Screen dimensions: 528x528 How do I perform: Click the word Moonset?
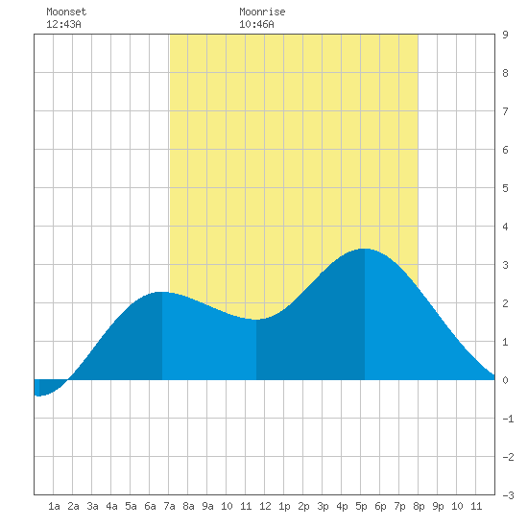(x=66, y=12)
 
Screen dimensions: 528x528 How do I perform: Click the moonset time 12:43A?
(x=63, y=24)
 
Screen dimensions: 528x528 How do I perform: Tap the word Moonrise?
(x=262, y=12)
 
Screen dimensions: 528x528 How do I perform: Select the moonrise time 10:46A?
(x=256, y=24)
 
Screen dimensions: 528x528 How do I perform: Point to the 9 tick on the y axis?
(x=505, y=35)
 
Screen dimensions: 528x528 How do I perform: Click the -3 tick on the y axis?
(x=508, y=495)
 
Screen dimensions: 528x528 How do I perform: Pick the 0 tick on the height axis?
(x=505, y=380)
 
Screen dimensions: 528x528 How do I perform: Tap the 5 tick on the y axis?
(x=505, y=188)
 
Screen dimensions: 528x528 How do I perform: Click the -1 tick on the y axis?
(x=508, y=419)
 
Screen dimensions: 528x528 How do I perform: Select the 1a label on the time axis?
(x=54, y=506)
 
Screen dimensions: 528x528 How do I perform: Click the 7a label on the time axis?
(x=169, y=506)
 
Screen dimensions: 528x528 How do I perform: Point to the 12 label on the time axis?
(x=265, y=506)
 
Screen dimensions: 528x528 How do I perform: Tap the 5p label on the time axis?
(x=361, y=506)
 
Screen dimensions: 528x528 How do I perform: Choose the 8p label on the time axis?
(x=419, y=506)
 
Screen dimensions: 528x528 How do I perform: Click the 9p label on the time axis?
(x=438, y=506)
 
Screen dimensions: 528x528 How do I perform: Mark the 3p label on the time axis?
(x=323, y=506)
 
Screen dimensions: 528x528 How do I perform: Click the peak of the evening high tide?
(x=365, y=249)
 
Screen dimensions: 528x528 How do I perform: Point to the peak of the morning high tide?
(x=162, y=292)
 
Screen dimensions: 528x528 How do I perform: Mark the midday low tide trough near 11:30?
(x=256, y=320)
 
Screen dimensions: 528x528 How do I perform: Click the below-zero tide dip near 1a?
(x=39, y=396)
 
